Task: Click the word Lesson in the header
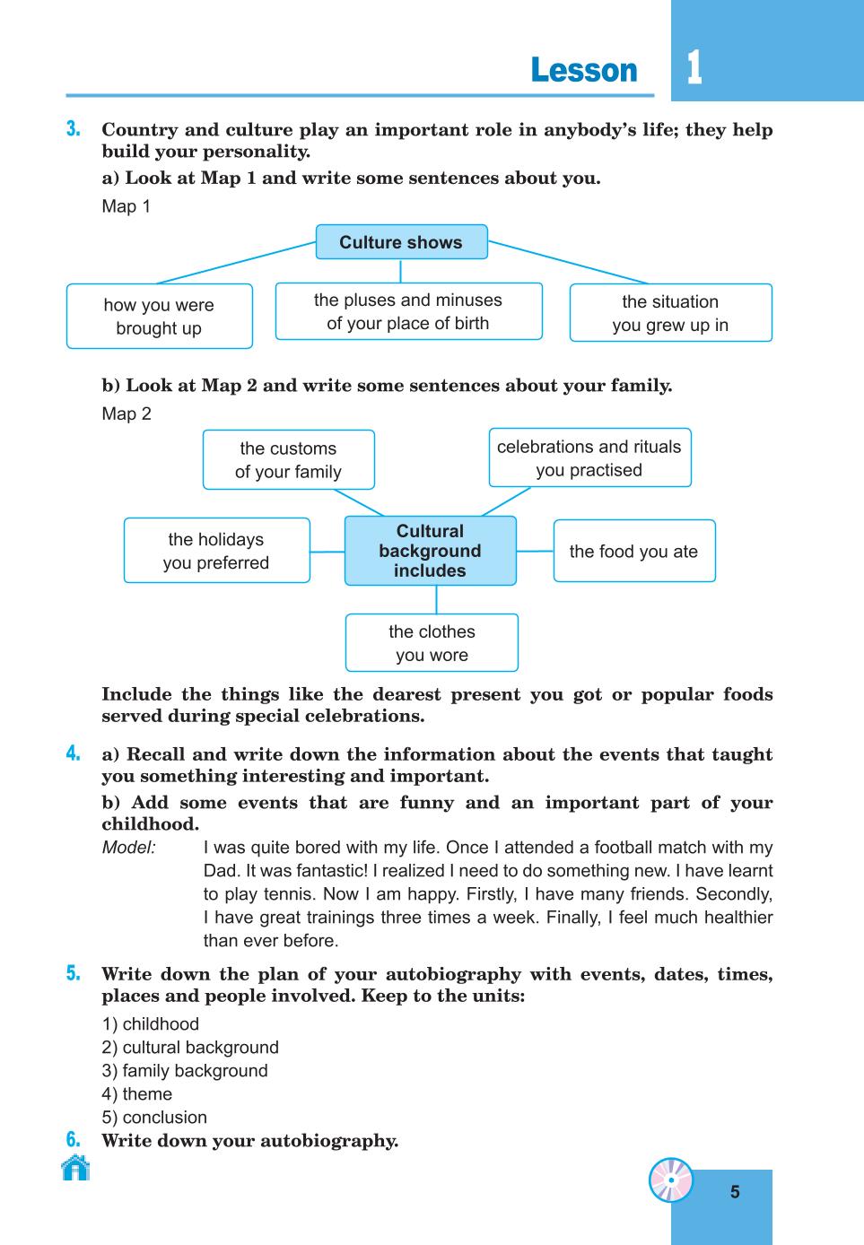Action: coord(584,70)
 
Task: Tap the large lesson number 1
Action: coord(694,68)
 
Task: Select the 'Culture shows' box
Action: coord(401,242)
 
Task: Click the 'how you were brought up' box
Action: coord(159,317)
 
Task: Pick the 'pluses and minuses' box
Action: coord(408,311)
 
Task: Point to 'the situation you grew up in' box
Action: coord(670,312)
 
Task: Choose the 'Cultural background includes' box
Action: coord(431,550)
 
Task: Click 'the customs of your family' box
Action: coord(289,459)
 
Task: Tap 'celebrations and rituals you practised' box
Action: coord(589,457)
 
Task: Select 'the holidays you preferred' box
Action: coord(217,550)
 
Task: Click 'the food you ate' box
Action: coord(634,551)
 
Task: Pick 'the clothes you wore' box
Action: coord(432,642)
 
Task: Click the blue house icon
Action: coord(75,1167)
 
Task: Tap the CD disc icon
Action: coord(671,1180)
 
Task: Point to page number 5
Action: coord(735,1192)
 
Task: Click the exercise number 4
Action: coord(73,753)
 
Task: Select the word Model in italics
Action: coord(128,847)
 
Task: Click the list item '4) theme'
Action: coord(136,1093)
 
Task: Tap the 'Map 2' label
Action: coord(127,414)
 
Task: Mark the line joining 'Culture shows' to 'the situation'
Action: coord(568,262)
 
